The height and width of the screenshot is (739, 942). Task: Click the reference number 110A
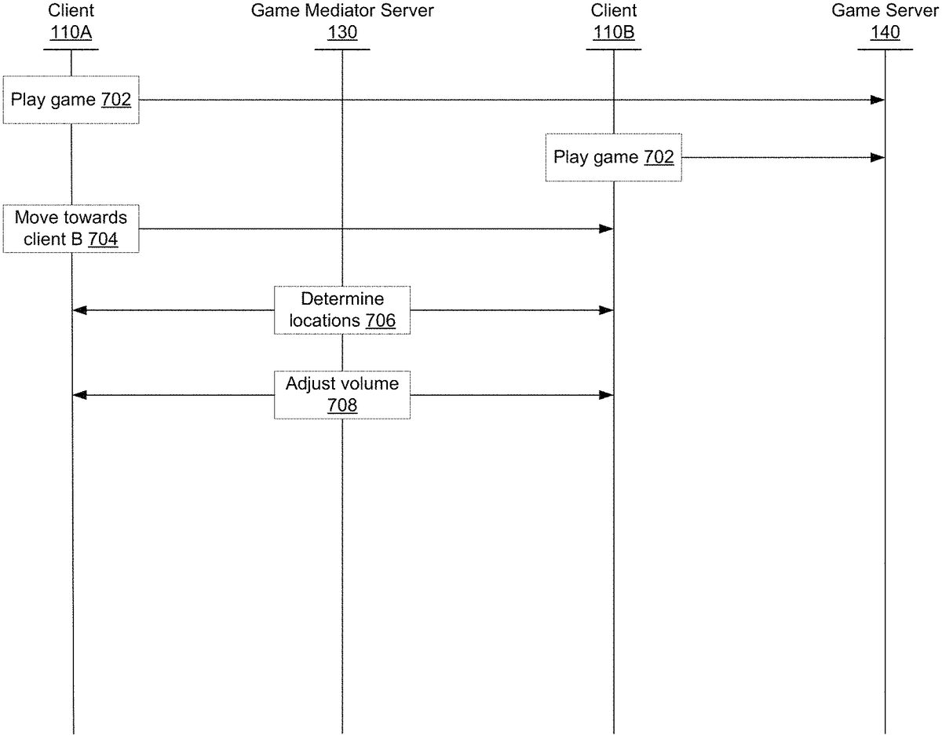pyautogui.click(x=71, y=33)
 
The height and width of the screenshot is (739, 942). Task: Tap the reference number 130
pyautogui.click(x=342, y=33)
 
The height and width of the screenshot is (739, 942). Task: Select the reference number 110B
pyautogui.click(x=613, y=33)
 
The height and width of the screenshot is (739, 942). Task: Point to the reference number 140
pyautogui.click(x=885, y=33)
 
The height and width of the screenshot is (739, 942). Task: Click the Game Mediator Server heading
pyautogui.click(x=342, y=11)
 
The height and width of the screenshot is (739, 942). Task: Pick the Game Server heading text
pyautogui.click(x=885, y=11)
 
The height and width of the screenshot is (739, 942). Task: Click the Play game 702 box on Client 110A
pyautogui.click(x=71, y=100)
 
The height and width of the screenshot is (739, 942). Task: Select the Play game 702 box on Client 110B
pyautogui.click(x=613, y=157)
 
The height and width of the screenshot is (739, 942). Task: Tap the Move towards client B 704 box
pyautogui.click(x=71, y=229)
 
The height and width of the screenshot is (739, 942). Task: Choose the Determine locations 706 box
pyautogui.click(x=342, y=310)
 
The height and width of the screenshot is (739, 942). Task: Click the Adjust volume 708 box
pyautogui.click(x=342, y=394)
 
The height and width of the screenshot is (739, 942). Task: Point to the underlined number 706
pyautogui.click(x=380, y=320)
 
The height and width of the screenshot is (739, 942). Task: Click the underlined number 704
pyautogui.click(x=103, y=240)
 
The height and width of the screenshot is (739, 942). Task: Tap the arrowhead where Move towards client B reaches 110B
pyautogui.click(x=606, y=229)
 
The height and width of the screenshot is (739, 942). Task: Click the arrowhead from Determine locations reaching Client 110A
pyautogui.click(x=78, y=310)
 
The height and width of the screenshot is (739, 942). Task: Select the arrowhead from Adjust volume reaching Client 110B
pyautogui.click(x=606, y=394)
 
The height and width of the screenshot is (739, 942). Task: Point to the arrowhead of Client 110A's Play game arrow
pyautogui.click(x=878, y=100)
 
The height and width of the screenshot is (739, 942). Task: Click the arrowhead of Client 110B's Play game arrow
pyautogui.click(x=878, y=157)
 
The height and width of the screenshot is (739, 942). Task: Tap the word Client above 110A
pyautogui.click(x=71, y=11)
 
